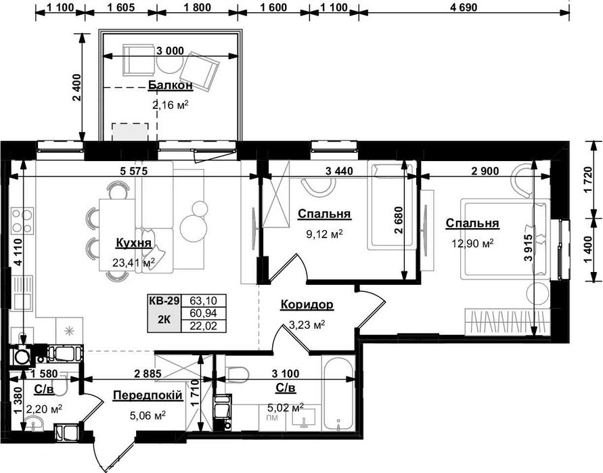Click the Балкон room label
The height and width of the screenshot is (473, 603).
(x=171, y=85)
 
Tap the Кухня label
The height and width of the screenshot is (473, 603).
(x=133, y=243)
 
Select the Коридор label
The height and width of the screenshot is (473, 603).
(x=307, y=305)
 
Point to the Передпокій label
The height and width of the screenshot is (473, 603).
(x=148, y=395)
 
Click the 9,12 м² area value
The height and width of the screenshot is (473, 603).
(x=324, y=233)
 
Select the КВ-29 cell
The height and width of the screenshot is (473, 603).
(x=164, y=300)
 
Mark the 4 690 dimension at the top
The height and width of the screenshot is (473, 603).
(x=464, y=7)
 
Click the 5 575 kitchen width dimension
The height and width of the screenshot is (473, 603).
(x=133, y=171)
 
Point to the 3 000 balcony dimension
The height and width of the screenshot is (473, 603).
(x=170, y=51)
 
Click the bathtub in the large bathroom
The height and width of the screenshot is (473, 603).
(x=338, y=395)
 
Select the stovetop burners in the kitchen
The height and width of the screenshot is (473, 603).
(x=22, y=221)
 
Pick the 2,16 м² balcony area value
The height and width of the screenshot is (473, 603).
(x=171, y=105)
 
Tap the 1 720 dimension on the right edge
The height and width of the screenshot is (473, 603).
(x=587, y=179)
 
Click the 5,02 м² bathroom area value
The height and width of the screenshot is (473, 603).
(x=286, y=407)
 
